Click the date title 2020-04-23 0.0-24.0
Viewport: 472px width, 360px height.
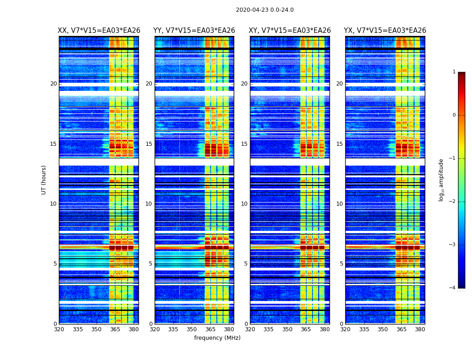(x=265, y=10)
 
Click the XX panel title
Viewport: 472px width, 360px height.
(x=99, y=31)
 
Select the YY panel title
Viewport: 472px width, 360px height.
(x=194, y=31)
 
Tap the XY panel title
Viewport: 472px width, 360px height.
(x=290, y=31)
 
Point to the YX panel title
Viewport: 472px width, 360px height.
(x=385, y=31)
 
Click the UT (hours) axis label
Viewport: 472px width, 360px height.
(x=44, y=180)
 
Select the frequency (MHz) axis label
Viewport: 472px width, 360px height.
(x=217, y=338)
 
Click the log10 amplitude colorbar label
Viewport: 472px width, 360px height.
(x=441, y=180)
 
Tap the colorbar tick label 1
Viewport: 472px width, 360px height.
(x=454, y=72)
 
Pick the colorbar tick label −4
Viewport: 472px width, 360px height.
(x=453, y=288)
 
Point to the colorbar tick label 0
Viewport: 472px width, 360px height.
(x=454, y=115)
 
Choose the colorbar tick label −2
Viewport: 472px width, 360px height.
(x=453, y=202)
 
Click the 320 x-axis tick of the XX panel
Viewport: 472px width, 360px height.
(x=59, y=329)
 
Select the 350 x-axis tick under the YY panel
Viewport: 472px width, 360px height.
(x=192, y=329)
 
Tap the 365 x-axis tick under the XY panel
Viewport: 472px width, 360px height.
(x=306, y=329)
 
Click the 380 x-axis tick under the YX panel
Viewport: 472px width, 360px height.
(x=420, y=329)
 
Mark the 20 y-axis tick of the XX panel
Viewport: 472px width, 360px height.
(x=53, y=84)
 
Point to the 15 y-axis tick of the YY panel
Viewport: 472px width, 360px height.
(x=149, y=144)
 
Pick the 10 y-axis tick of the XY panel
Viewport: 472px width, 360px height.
(x=244, y=204)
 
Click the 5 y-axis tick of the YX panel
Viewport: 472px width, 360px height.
(x=341, y=264)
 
